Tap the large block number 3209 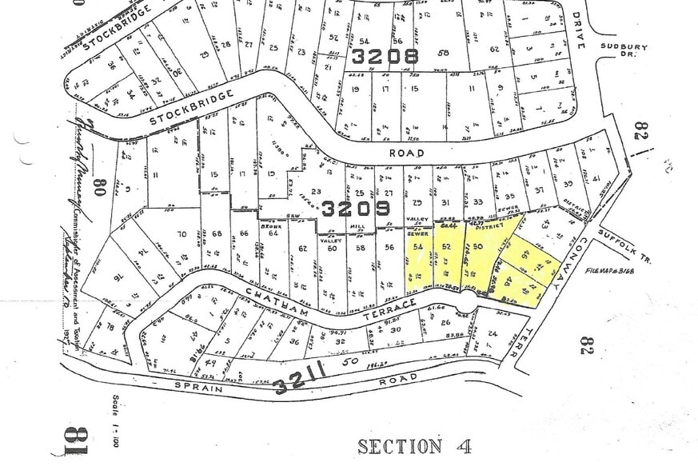pyautogui.click(x=356, y=209)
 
